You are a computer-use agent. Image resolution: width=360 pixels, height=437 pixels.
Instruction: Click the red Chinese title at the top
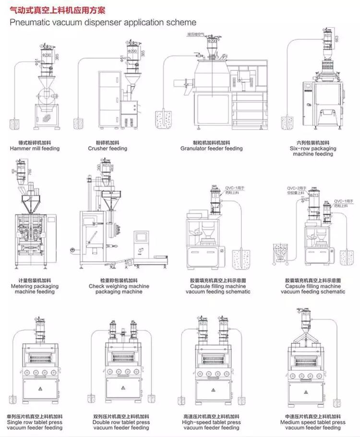58,10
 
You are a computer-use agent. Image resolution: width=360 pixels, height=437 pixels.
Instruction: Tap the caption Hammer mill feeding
35,149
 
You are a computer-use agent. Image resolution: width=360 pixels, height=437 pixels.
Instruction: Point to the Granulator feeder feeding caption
212,149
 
